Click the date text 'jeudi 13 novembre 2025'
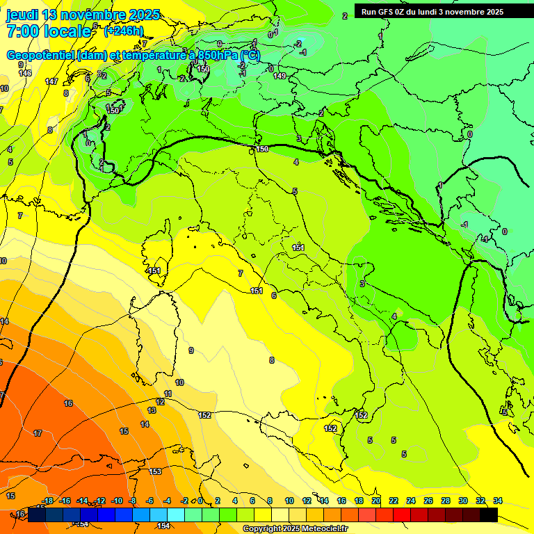(83, 15)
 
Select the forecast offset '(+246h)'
(124, 31)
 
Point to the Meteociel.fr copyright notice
(295, 529)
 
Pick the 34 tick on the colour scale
(498, 501)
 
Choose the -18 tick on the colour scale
(48, 501)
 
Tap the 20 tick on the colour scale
(376, 501)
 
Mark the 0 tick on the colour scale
(200, 501)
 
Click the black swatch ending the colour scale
(489, 515)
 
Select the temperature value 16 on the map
(68, 403)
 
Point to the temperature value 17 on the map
(38, 433)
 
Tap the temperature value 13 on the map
(152, 410)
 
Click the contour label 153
(156, 471)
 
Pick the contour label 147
(51, 81)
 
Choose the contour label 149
(280, 76)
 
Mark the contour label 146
(26, 73)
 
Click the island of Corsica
(159, 254)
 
